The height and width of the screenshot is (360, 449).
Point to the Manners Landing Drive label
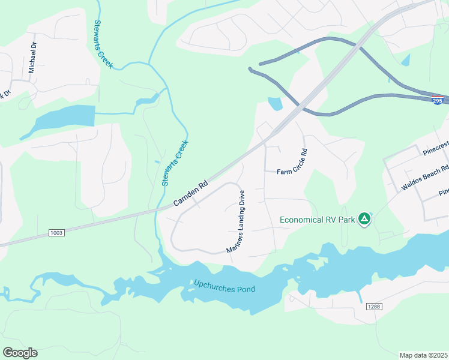pyautogui.click(x=235, y=221)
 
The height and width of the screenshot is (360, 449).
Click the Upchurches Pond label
pyautogui.click(x=224, y=286)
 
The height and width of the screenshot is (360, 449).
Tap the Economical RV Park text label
pyautogui.click(x=318, y=219)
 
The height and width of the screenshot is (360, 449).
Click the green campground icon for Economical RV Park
pyautogui.click(x=364, y=219)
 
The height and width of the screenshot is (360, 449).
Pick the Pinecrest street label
pyautogui.click(x=435, y=148)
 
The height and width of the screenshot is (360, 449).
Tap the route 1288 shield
pyautogui.click(x=373, y=307)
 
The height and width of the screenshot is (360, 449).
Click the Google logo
pyautogui.click(x=20, y=352)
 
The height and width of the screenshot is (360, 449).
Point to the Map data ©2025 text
pyautogui.click(x=423, y=355)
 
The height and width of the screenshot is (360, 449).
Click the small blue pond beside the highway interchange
pyautogui.click(x=275, y=104)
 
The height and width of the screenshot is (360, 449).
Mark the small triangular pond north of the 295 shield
pyautogui.click(x=406, y=59)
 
